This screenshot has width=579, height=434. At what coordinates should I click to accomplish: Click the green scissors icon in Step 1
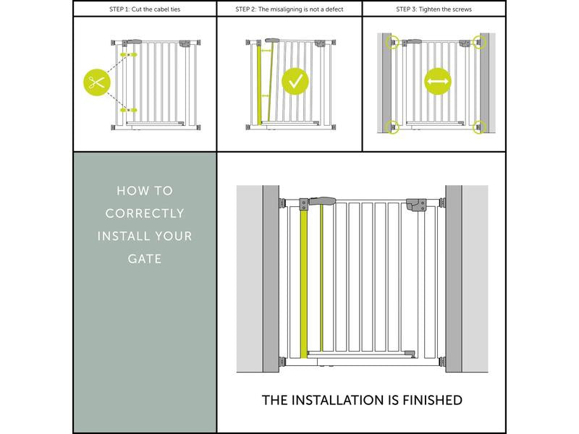(97, 82)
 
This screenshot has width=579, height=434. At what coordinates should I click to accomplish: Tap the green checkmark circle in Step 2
(295, 81)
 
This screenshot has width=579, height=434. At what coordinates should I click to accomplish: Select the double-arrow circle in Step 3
(438, 81)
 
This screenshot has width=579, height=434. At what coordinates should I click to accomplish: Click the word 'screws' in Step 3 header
(462, 9)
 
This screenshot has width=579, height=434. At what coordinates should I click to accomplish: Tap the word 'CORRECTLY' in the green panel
(145, 213)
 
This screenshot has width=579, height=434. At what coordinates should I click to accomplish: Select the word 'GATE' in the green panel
(145, 259)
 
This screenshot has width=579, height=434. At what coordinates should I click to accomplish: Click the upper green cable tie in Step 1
(129, 55)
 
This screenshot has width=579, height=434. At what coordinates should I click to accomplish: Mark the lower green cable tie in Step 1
(129, 110)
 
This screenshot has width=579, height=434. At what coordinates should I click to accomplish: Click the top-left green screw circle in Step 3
(392, 42)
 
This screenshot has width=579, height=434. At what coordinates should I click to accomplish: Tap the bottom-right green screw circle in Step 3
(479, 127)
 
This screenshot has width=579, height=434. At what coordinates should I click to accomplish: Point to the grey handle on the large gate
(322, 201)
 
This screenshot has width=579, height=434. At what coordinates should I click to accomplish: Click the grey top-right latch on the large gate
(416, 205)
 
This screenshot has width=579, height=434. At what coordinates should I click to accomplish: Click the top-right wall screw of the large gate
(441, 203)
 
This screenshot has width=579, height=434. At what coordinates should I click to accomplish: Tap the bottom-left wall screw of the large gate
(282, 362)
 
